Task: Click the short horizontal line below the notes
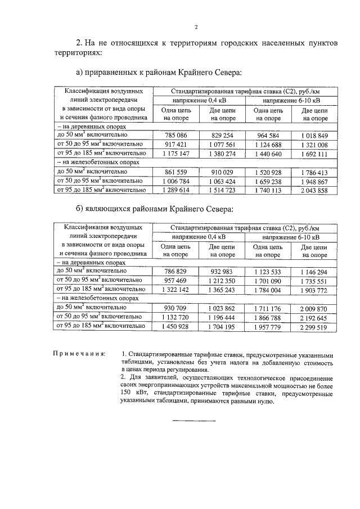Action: [x=193, y=420]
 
